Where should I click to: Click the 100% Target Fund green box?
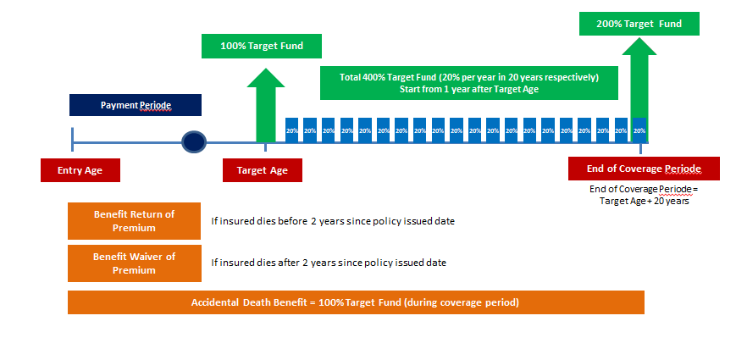click(262, 46)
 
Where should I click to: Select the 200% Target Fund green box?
click(639, 24)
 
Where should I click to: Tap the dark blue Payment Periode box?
click(136, 105)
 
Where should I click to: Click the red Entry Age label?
click(80, 170)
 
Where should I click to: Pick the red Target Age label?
click(263, 170)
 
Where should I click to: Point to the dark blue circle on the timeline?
click(194, 141)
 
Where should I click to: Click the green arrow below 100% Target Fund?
click(266, 105)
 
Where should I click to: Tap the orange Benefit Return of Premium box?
click(135, 221)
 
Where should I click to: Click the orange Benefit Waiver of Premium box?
click(135, 263)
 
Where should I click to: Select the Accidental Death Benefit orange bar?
click(356, 302)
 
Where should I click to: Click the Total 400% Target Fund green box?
click(469, 83)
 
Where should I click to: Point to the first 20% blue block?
click(292, 130)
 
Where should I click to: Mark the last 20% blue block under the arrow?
click(639, 130)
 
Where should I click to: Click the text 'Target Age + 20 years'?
click(644, 202)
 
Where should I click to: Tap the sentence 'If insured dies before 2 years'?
click(333, 221)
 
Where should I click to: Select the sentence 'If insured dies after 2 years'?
click(329, 263)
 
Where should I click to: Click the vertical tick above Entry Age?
click(72, 140)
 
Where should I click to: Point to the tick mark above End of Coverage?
click(640, 148)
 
